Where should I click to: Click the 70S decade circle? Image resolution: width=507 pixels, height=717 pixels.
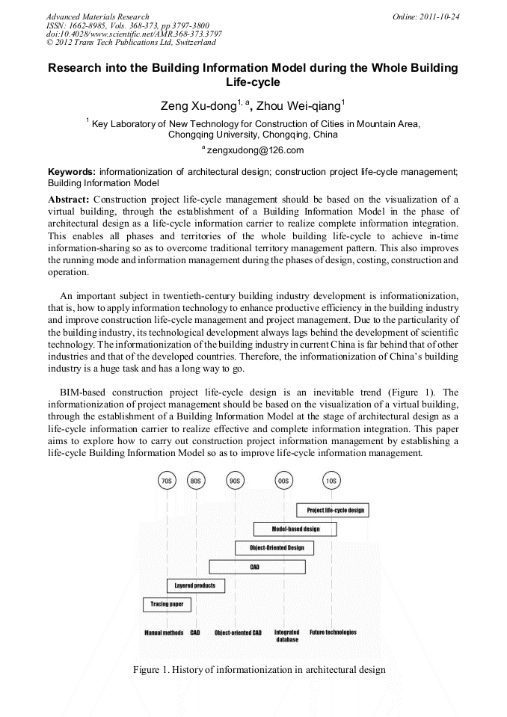coord(167,481)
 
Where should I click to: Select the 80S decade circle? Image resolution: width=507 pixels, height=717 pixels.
coord(196,481)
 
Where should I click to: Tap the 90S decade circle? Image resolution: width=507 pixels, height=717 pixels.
coord(236,481)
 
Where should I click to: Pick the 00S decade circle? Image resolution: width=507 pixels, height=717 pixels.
coord(283,481)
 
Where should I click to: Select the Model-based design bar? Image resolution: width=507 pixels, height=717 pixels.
coord(295,529)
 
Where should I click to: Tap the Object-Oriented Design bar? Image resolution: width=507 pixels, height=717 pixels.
coord(274,548)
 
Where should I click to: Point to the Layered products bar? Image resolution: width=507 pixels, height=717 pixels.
coord(194,585)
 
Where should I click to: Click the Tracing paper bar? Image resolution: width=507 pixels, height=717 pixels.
coord(167,604)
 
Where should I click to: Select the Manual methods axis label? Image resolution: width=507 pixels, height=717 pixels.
coord(164,633)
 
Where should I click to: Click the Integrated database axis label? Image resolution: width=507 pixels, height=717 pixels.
coord(287,636)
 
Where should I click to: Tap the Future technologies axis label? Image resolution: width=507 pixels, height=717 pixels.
coord(333,633)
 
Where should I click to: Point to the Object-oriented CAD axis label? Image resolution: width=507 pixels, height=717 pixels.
coord(238,633)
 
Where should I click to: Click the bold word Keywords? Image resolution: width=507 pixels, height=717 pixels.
coord(72,171)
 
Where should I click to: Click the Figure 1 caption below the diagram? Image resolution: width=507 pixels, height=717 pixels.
coord(259,669)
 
